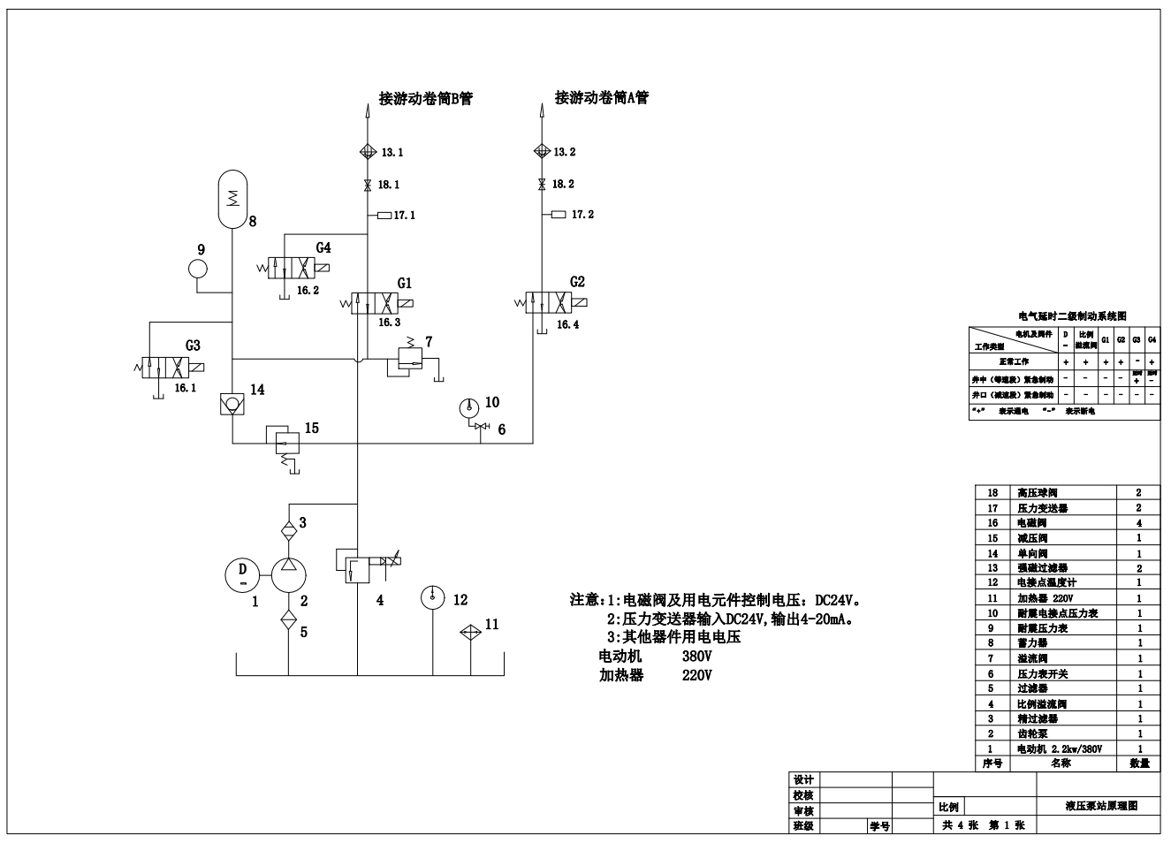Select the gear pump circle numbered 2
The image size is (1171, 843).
(x=288, y=575)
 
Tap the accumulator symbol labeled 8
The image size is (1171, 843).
(x=232, y=201)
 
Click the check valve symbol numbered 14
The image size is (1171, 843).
(x=232, y=405)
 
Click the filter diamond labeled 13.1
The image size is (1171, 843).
(x=368, y=152)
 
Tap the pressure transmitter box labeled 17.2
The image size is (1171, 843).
(x=558, y=214)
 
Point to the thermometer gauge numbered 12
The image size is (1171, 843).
(x=432, y=598)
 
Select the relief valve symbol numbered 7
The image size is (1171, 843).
(x=407, y=359)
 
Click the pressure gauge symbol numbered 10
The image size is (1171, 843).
(x=469, y=407)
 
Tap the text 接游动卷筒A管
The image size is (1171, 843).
(x=601, y=98)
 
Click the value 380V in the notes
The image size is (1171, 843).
(x=696, y=657)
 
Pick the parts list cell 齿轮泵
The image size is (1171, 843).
(x=1032, y=733)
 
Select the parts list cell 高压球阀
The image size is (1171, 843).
(x=1038, y=492)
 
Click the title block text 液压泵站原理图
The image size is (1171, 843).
(x=1100, y=806)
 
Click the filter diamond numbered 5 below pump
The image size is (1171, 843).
(x=288, y=619)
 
